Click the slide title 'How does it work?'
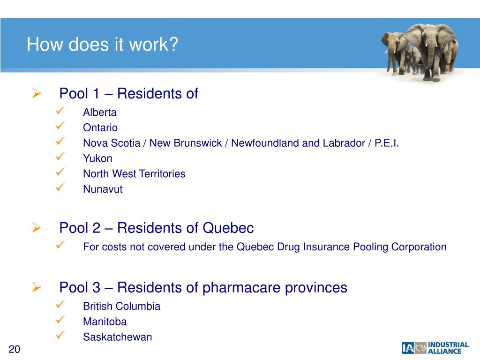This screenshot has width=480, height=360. click(x=103, y=45)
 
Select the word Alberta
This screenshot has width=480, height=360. click(x=100, y=112)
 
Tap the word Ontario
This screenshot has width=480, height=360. click(x=100, y=127)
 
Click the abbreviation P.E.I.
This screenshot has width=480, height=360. click(x=387, y=143)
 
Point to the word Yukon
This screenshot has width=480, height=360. click(x=97, y=158)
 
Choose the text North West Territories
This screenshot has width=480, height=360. click(x=134, y=174)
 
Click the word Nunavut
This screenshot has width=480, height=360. click(x=103, y=189)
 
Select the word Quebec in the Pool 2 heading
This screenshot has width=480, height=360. click(x=228, y=228)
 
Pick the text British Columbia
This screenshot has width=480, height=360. click(x=121, y=307)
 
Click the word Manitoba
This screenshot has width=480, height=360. click(x=105, y=322)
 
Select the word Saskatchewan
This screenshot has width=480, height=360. click(x=117, y=337)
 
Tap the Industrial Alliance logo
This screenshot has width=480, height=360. click(x=435, y=348)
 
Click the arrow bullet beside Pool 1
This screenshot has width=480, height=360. click(x=37, y=94)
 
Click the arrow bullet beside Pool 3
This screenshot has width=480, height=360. click(x=37, y=287)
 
